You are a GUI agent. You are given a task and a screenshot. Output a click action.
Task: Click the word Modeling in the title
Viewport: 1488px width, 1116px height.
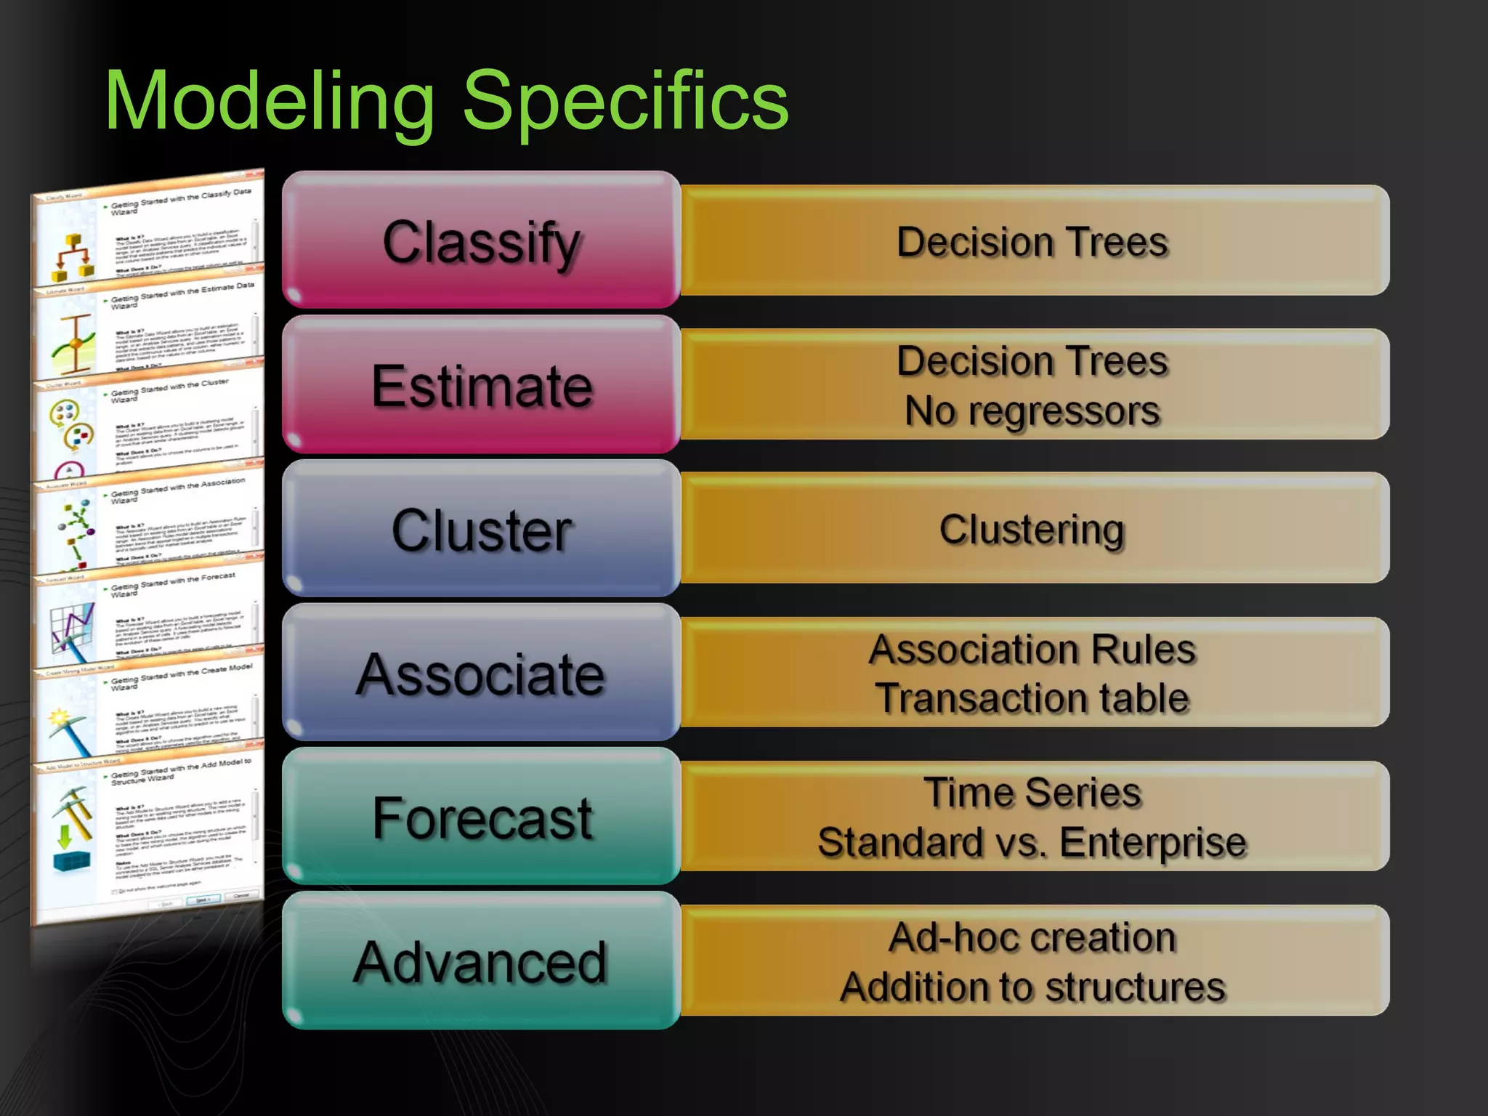(269, 102)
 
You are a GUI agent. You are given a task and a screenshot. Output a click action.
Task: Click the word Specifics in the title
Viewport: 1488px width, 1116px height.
(625, 102)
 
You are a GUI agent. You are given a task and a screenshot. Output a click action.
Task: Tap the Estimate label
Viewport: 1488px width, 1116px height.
(481, 386)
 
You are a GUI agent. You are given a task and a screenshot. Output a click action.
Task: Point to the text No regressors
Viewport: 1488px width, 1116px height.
(1032, 411)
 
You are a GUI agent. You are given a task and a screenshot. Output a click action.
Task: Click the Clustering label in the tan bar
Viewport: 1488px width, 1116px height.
(1032, 529)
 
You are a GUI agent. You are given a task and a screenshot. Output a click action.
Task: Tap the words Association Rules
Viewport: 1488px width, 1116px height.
(1032, 649)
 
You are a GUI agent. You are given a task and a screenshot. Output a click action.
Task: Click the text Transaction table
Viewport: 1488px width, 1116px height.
(1032, 698)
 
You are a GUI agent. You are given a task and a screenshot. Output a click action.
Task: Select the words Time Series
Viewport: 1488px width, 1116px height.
(1032, 792)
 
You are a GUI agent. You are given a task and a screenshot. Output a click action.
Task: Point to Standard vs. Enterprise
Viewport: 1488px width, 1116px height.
(1032, 842)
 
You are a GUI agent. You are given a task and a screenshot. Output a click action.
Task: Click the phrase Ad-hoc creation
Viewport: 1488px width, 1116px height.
(1032, 937)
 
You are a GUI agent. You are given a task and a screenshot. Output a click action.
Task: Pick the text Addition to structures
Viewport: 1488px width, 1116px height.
(1032, 987)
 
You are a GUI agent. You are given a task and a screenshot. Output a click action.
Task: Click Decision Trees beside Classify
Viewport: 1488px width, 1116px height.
(1032, 241)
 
